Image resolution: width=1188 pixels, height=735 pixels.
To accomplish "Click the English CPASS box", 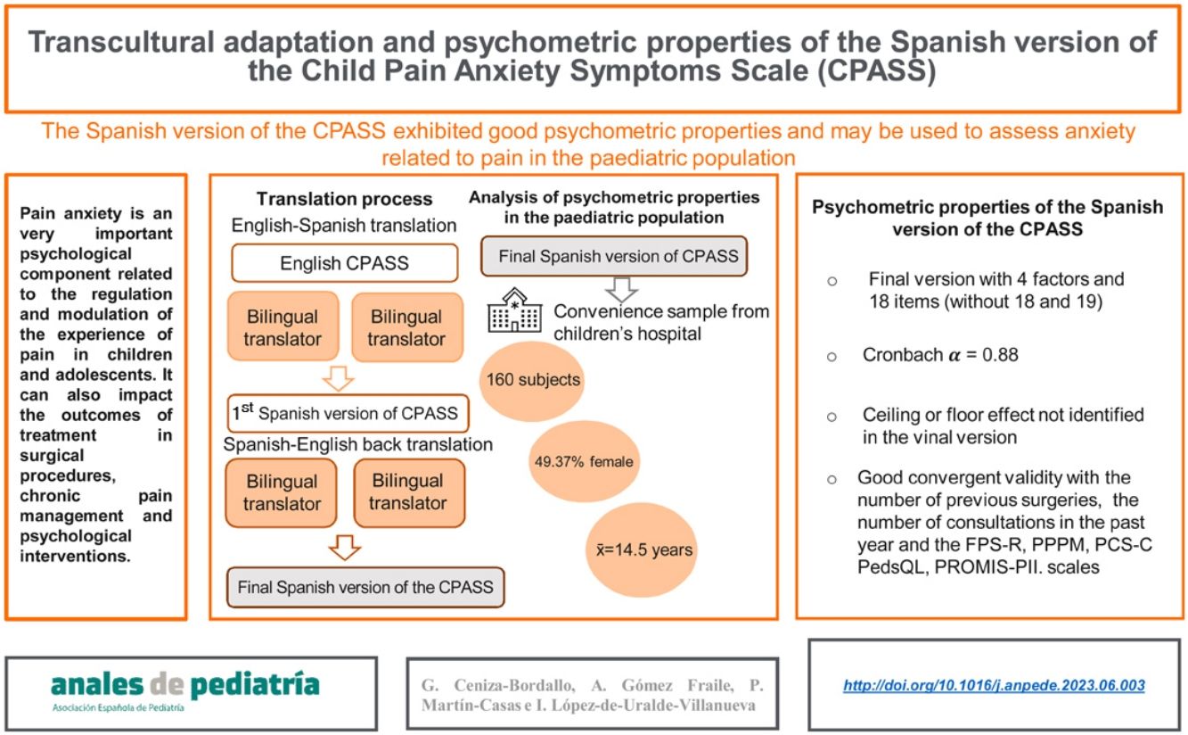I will click(344, 263).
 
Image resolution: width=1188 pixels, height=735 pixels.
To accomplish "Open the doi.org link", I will click(994, 685).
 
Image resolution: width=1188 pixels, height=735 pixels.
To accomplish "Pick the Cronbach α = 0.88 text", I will click(928, 354).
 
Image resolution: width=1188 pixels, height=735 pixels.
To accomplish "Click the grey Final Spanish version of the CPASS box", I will click(365, 588).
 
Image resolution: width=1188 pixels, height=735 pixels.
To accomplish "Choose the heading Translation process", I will click(344, 199).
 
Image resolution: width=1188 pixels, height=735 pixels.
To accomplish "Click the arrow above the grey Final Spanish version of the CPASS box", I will click(344, 545).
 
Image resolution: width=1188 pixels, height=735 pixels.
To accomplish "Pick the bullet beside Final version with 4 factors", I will click(832, 280).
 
